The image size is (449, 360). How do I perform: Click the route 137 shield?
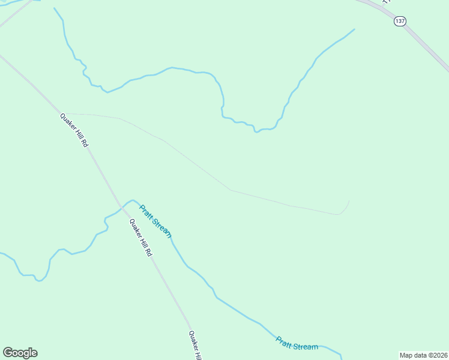point(400,21)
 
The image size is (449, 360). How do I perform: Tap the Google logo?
point(20,353)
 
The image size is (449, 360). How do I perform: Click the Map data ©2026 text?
point(423,355)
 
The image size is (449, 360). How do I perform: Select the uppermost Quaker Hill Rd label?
point(74,130)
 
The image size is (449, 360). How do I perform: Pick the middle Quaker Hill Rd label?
point(140,237)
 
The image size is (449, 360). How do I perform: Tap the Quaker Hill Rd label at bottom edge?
point(194,346)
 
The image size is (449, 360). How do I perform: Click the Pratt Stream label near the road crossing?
point(155,221)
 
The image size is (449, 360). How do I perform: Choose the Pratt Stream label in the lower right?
point(297,344)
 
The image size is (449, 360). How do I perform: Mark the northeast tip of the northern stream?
point(354,29)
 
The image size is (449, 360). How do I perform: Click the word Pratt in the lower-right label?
point(284,341)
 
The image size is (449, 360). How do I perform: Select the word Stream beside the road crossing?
point(161,227)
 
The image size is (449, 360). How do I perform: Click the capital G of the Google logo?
point(7,352)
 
